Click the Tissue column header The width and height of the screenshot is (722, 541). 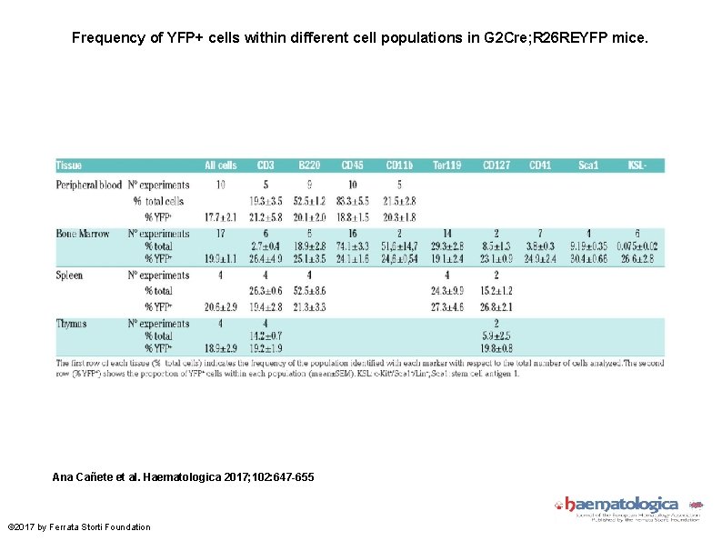point(69,165)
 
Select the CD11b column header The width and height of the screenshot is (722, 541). point(399,165)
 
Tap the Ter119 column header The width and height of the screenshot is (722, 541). point(446,165)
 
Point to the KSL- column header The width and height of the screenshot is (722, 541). point(638,165)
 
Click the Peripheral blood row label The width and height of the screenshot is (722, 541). point(88,185)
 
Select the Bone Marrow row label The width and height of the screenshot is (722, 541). point(83,234)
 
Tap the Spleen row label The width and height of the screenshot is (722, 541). point(69,276)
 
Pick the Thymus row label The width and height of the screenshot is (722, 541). point(71,324)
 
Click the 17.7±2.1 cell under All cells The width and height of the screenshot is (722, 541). point(220,217)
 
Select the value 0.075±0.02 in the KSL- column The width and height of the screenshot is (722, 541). point(637,245)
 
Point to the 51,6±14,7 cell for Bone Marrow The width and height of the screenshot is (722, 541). point(399,245)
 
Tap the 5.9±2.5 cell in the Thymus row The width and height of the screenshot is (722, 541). point(496,336)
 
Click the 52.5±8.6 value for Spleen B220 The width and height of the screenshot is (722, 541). point(310,291)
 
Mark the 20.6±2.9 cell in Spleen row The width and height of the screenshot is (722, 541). point(220,307)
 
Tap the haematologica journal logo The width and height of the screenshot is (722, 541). point(620,506)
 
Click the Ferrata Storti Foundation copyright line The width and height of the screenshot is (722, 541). point(79,527)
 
